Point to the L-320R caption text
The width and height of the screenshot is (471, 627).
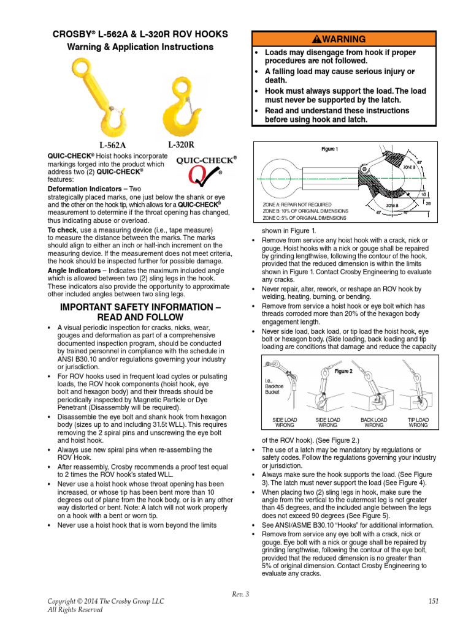click(180, 145)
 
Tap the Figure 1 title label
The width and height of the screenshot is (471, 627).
click(329, 149)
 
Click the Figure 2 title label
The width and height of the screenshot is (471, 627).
click(343, 371)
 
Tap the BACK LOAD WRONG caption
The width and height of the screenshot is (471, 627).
click(373, 423)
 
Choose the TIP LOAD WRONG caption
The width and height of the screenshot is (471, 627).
click(418, 423)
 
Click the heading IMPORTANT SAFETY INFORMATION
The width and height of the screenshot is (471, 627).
click(139, 312)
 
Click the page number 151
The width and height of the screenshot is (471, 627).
click(434, 602)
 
